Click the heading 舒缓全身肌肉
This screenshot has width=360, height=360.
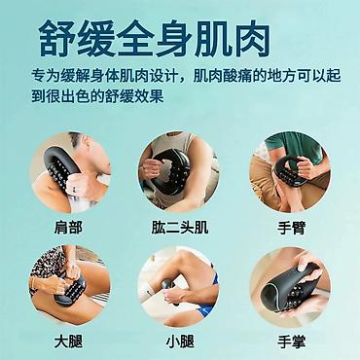point(155,39)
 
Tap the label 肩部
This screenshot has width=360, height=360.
point(68,228)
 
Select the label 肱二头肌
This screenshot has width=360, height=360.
point(180,228)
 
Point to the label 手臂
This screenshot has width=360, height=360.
point(291,228)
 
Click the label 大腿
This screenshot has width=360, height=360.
point(68,342)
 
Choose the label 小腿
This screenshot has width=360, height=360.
point(180,342)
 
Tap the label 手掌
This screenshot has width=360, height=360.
point(291,342)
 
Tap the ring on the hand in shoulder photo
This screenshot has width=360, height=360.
point(74,190)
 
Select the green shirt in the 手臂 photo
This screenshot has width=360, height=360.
point(294,146)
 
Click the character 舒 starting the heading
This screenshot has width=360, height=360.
point(56,39)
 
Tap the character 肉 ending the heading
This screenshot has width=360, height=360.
point(253,39)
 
